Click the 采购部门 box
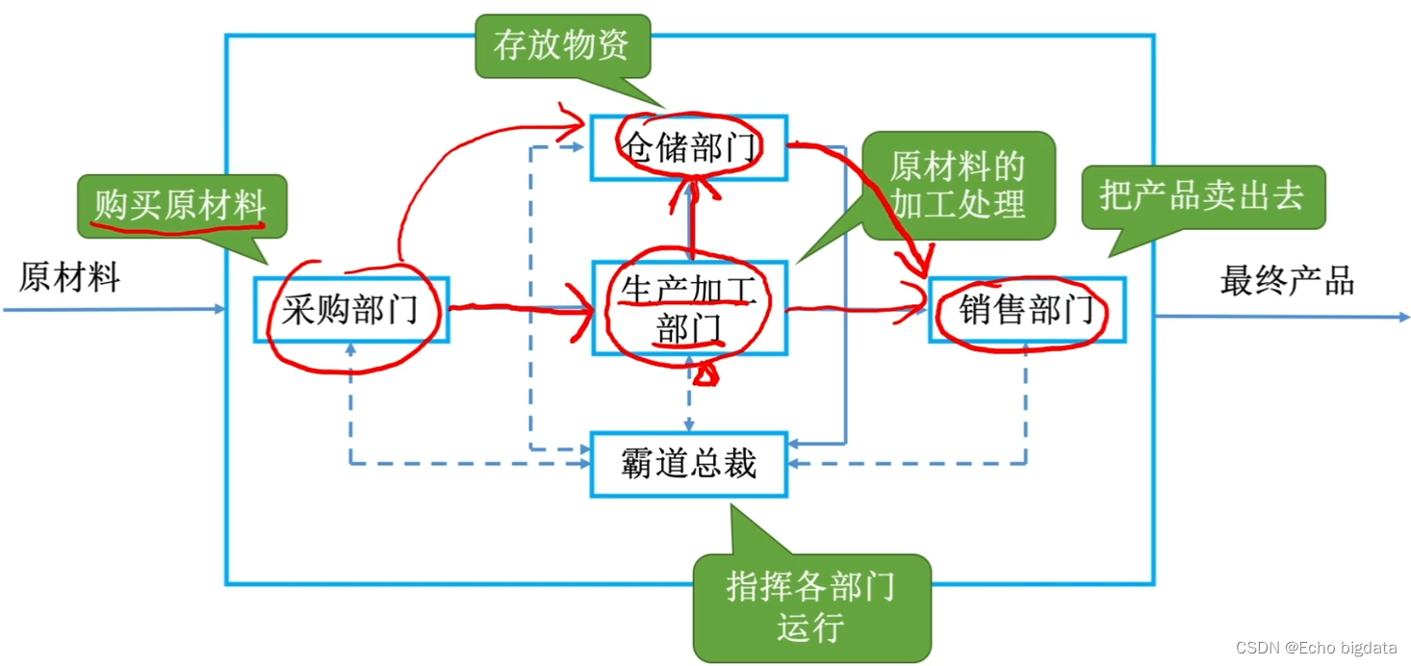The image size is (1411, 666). (x=351, y=309)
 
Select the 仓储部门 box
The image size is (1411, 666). (x=689, y=147)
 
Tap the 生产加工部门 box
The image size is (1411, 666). (x=689, y=308)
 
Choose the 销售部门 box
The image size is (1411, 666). (x=1027, y=309)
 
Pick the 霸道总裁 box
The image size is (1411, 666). (x=689, y=464)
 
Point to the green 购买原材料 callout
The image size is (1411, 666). (x=181, y=205)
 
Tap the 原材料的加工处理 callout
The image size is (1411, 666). (x=958, y=186)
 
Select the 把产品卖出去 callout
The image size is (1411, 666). (x=1202, y=196)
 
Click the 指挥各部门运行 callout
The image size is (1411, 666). (x=811, y=606)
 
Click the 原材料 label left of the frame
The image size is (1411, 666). (x=69, y=278)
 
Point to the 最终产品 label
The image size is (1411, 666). (x=1287, y=280)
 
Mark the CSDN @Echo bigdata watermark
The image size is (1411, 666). (x=1316, y=647)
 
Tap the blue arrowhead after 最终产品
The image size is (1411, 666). (x=1402, y=316)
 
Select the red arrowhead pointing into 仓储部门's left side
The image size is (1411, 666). (x=576, y=123)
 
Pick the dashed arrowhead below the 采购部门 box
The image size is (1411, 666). (x=350, y=348)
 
